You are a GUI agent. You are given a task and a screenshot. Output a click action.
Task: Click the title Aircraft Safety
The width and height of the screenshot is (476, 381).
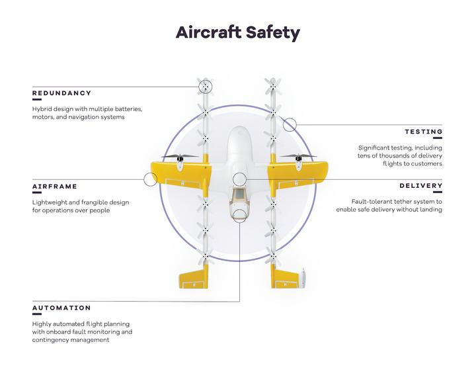click(238, 32)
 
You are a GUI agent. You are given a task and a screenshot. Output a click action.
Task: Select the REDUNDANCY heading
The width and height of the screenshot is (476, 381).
click(61, 93)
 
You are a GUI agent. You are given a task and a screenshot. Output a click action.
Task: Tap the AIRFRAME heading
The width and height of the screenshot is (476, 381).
click(55, 187)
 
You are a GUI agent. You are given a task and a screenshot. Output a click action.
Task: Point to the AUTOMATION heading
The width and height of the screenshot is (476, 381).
click(61, 308)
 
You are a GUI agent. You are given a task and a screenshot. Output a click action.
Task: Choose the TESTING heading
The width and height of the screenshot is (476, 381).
click(424, 132)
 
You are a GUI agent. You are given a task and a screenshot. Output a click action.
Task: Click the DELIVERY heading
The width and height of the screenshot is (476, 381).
click(420, 186)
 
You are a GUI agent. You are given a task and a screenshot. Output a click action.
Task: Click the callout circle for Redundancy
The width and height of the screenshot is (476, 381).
click(205, 87)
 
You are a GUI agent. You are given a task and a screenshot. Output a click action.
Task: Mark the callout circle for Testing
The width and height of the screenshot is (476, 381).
click(290, 124)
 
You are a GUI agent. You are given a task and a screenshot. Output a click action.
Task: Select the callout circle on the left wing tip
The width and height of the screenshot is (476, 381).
click(150, 179)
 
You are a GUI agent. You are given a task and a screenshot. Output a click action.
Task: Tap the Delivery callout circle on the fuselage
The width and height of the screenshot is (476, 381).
click(239, 179)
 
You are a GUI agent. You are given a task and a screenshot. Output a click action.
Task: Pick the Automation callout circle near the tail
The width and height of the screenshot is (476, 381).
click(239, 216)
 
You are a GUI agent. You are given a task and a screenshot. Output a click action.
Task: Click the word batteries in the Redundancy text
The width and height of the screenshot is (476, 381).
click(130, 108)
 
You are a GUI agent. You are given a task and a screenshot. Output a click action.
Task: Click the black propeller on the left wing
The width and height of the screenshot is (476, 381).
click(180, 157)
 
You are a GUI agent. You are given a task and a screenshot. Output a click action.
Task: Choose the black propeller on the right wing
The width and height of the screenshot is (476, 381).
click(298, 157)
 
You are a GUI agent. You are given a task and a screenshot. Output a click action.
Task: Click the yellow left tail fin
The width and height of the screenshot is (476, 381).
click(194, 277)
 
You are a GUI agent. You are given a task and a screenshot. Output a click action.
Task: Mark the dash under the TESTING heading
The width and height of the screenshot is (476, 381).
click(438, 138)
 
